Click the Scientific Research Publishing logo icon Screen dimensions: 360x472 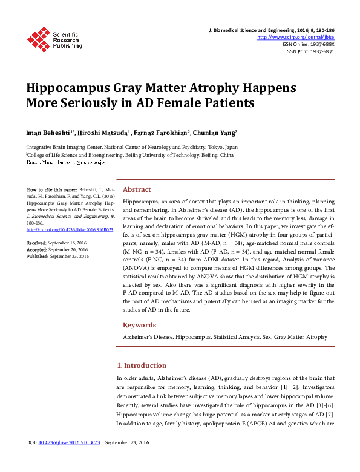tap(38, 38)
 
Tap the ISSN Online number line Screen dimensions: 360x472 tap(309, 44)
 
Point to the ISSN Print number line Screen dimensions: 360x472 tap(310, 51)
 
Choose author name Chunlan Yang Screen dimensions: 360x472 tap(214, 132)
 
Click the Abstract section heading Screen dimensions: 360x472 tap(137, 189)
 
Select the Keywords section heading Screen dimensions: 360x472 tap(140, 325)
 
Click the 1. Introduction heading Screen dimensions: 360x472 tap(141, 365)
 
